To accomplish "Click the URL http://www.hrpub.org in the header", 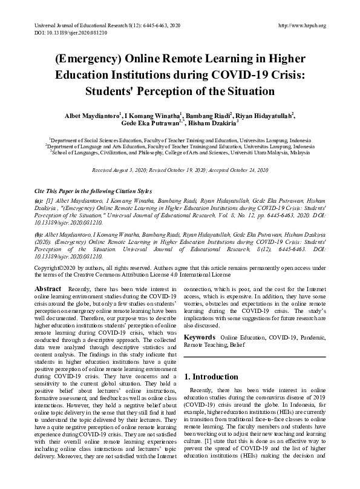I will pyautogui.click(x=301, y=25).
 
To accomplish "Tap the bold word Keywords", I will pyautogui.click(x=200, y=336).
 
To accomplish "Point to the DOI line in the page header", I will pyautogui.click(x=62, y=33).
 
